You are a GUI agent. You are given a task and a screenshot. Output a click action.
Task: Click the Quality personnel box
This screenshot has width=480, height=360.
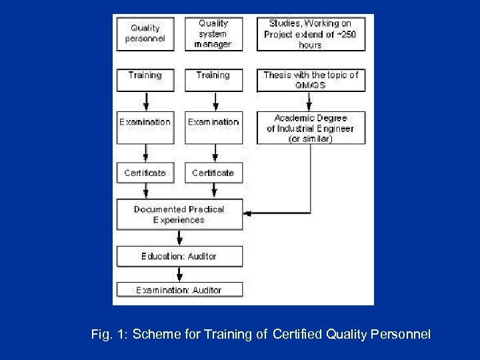point(145,33)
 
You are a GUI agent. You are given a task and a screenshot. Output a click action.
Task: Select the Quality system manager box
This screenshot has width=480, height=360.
point(213,33)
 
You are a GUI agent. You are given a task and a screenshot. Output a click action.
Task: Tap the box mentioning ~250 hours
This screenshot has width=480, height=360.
point(311,33)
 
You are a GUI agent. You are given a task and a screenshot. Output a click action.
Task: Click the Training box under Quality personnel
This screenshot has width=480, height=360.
point(145,80)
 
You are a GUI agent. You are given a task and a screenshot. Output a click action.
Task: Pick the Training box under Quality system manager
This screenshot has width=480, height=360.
point(213,80)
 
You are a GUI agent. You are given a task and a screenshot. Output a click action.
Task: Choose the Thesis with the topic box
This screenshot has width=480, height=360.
point(311,80)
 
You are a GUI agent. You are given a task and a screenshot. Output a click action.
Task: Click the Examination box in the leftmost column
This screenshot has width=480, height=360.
point(145,127)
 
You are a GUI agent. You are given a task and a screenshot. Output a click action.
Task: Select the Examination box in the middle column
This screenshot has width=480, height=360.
point(213,127)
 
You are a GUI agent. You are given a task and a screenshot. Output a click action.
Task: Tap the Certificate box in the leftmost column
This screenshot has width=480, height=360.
point(145,173)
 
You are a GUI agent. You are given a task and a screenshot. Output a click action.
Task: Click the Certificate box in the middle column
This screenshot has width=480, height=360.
point(213,173)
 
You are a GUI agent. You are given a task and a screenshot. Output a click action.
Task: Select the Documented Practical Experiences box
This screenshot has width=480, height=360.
point(179,214)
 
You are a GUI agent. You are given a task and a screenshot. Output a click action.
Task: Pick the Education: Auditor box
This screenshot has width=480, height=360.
point(179,256)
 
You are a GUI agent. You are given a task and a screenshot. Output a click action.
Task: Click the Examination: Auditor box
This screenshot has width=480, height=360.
point(179,290)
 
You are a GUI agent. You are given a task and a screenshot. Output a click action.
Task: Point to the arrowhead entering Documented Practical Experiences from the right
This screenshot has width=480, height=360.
point(247,213)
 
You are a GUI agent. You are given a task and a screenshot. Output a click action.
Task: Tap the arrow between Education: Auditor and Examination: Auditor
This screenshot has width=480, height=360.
point(179,273)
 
